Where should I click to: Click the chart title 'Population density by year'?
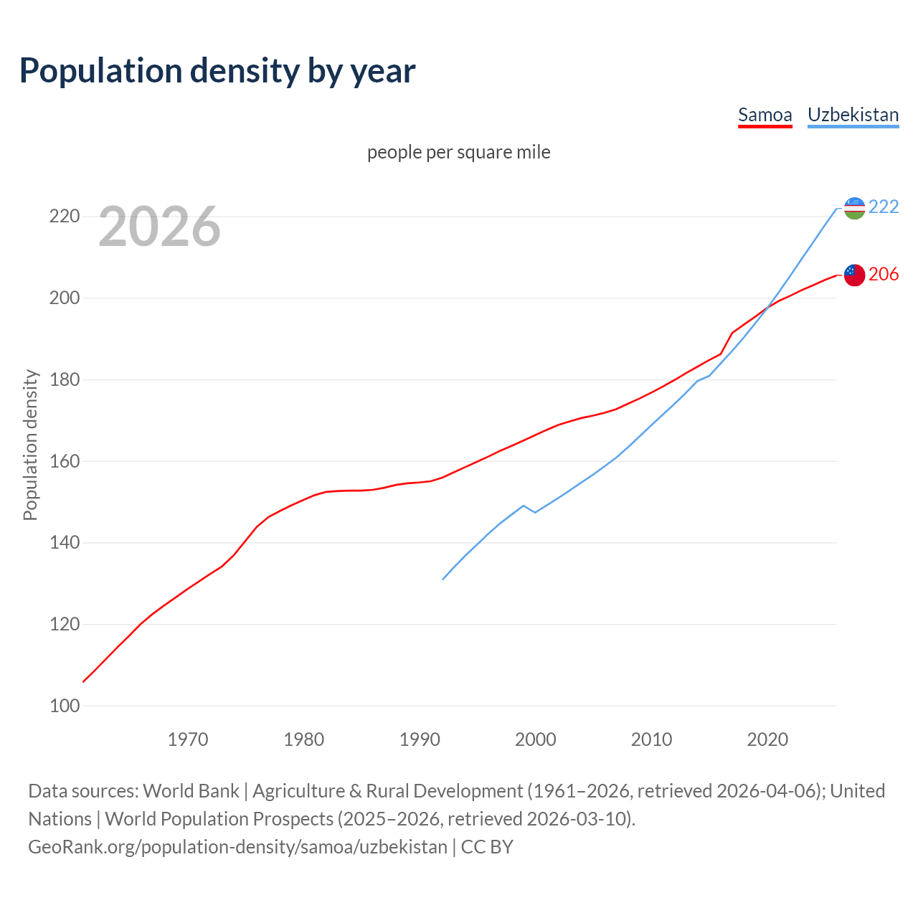217,71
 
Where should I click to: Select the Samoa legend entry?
765,115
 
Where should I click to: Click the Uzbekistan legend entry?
853,115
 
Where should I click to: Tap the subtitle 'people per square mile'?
458,152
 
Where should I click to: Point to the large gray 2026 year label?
159,227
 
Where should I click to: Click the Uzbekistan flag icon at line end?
854,208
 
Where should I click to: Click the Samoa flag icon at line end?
854,275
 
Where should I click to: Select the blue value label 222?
884,207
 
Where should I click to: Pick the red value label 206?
884,274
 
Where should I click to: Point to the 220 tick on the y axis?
64,216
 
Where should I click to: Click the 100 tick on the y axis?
64,706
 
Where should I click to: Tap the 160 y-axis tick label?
64,461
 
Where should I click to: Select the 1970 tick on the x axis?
188,739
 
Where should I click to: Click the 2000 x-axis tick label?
535,739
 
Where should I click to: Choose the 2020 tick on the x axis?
767,739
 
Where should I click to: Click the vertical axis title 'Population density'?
30,445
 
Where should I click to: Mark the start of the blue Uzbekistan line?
443,579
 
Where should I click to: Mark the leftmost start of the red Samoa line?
84,681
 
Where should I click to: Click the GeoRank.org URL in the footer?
237,846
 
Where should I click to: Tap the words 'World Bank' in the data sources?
191,790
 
